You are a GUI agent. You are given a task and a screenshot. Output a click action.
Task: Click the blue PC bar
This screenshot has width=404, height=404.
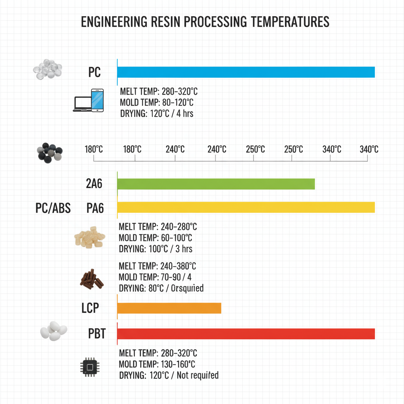click(246, 72)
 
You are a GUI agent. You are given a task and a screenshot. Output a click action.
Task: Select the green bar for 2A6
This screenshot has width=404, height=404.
click(216, 184)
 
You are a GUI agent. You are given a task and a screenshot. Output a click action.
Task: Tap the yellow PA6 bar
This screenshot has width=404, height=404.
click(246, 208)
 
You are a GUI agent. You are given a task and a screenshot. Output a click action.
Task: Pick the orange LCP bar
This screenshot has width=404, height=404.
click(169, 308)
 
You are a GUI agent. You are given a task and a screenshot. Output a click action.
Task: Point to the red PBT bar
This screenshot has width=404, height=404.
click(246, 334)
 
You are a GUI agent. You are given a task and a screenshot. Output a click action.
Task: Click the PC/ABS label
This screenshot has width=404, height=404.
click(53, 208)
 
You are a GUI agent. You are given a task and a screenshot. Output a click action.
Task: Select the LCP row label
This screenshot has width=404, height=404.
click(90, 308)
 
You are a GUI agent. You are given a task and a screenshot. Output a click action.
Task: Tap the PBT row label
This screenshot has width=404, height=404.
click(97, 334)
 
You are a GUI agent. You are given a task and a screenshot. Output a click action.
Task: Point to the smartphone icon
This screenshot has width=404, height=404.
click(97, 100)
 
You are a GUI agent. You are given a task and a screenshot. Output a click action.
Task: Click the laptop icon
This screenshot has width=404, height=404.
click(82, 104)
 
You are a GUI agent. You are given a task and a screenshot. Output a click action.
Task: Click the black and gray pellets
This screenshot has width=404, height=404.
click(49, 152)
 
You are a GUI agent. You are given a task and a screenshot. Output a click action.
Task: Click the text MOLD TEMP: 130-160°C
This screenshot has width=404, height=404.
click(157, 364)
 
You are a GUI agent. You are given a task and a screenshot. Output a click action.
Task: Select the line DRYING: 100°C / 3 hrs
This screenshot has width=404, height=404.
click(155, 249)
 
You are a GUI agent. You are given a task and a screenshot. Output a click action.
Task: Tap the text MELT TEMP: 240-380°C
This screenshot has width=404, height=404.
click(157, 266)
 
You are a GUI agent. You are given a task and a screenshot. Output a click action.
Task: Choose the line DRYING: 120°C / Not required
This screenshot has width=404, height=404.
click(168, 375)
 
